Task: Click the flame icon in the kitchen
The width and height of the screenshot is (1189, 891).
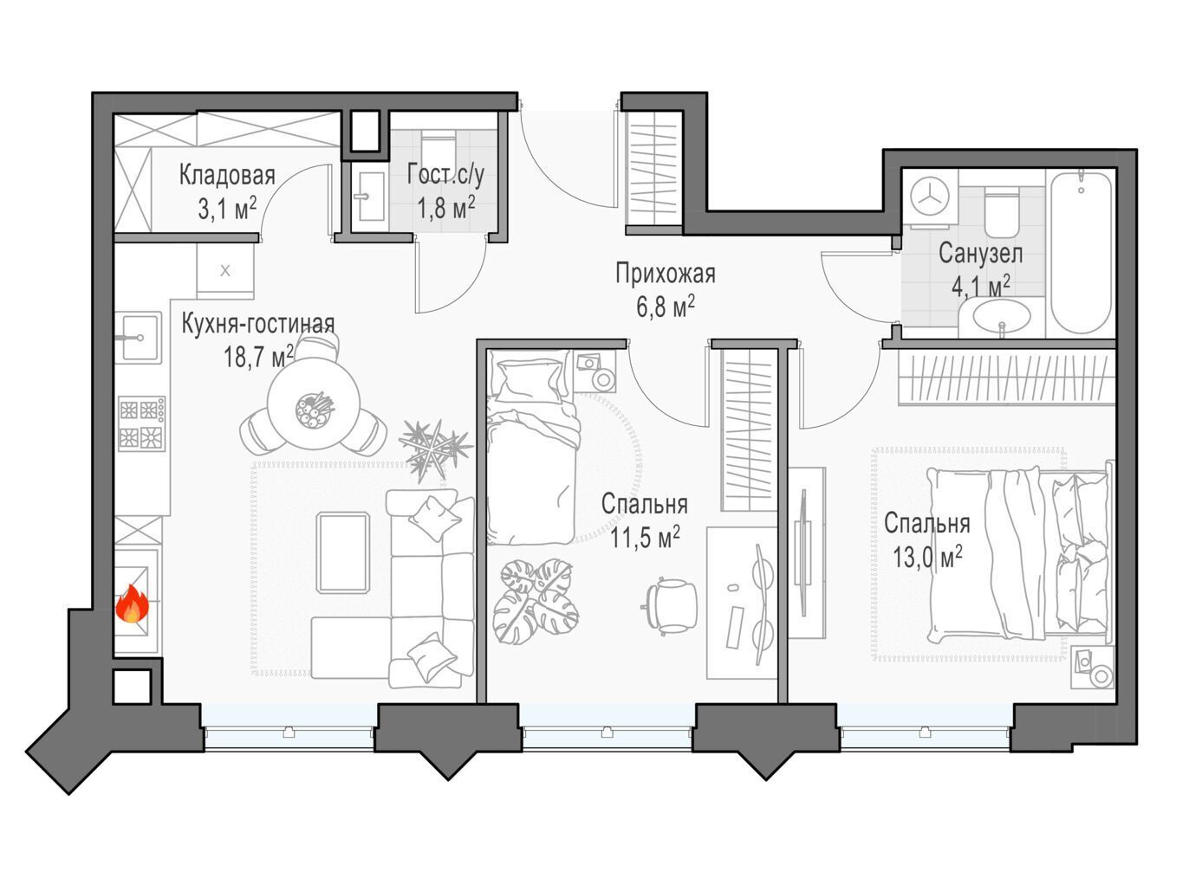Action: [x=133, y=604]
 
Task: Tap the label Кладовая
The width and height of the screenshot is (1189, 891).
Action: [x=227, y=176]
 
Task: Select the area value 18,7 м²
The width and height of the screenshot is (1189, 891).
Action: [x=259, y=357]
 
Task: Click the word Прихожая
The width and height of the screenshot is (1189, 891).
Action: [x=666, y=274]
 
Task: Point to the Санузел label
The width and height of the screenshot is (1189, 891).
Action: [x=980, y=253]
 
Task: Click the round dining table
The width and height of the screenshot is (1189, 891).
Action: [x=314, y=403]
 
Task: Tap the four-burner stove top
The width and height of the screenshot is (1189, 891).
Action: [x=141, y=423]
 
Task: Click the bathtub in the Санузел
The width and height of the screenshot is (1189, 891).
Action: [x=1082, y=253]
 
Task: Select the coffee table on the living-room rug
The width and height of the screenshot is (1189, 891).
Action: [x=343, y=553]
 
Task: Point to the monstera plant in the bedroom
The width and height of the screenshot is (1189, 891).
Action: [x=536, y=602]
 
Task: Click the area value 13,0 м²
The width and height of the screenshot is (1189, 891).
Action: [x=927, y=558]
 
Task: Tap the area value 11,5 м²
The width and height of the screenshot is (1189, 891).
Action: [x=645, y=538]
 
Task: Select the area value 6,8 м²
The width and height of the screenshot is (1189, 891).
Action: [x=666, y=307]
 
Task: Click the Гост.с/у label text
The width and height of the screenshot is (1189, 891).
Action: [x=445, y=174]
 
